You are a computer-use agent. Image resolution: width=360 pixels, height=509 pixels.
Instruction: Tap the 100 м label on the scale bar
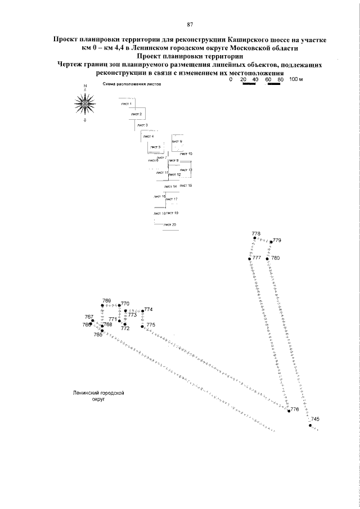296,80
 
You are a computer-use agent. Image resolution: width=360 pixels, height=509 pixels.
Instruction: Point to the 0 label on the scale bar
231,80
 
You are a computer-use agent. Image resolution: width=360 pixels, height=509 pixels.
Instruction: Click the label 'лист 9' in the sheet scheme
177,141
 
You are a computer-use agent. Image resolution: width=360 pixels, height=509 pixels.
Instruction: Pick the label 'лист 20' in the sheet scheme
170,225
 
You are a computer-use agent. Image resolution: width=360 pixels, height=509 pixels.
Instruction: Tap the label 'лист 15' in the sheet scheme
186,186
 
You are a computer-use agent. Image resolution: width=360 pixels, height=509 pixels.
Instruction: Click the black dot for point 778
254,238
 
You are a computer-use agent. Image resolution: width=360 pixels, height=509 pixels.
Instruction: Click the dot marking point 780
268,258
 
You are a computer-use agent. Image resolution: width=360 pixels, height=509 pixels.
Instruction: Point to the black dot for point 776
288,410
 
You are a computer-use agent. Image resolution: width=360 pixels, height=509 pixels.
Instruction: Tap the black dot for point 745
310,425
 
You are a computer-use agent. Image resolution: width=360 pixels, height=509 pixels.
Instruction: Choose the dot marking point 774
142,311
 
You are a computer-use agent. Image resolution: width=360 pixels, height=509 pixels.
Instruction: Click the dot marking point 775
143,326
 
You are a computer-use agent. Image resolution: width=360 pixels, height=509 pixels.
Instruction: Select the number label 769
107,301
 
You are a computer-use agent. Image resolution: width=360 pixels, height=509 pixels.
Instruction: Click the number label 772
125,328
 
